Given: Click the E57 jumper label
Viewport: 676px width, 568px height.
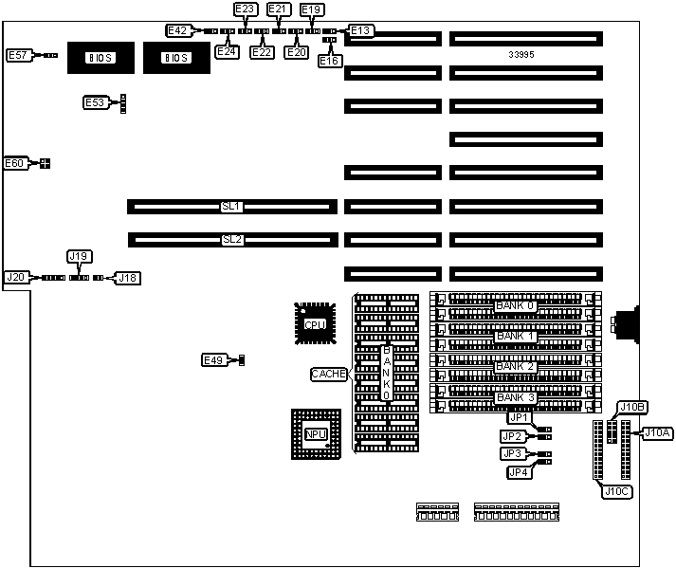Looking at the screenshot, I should [19, 56].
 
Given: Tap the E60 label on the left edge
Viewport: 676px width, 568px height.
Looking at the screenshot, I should [15, 163].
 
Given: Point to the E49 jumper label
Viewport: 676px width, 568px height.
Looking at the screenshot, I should [214, 360].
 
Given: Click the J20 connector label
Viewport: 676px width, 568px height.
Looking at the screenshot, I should [16, 277].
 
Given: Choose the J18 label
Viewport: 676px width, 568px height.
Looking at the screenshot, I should [127, 278].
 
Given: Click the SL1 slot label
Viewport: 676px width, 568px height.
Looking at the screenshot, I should [232, 206].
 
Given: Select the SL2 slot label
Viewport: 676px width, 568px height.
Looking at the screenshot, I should [232, 240].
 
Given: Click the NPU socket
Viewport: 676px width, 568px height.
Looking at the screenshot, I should [316, 433].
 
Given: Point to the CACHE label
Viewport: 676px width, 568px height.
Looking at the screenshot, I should [329, 375].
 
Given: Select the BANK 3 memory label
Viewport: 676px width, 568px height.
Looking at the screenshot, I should [517, 397].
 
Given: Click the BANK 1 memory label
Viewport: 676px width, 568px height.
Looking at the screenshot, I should [517, 337].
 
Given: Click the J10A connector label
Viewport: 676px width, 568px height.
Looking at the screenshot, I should [658, 433].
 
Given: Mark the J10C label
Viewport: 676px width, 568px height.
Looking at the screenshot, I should [615, 490].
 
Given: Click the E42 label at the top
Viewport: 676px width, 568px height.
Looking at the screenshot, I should [177, 30].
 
